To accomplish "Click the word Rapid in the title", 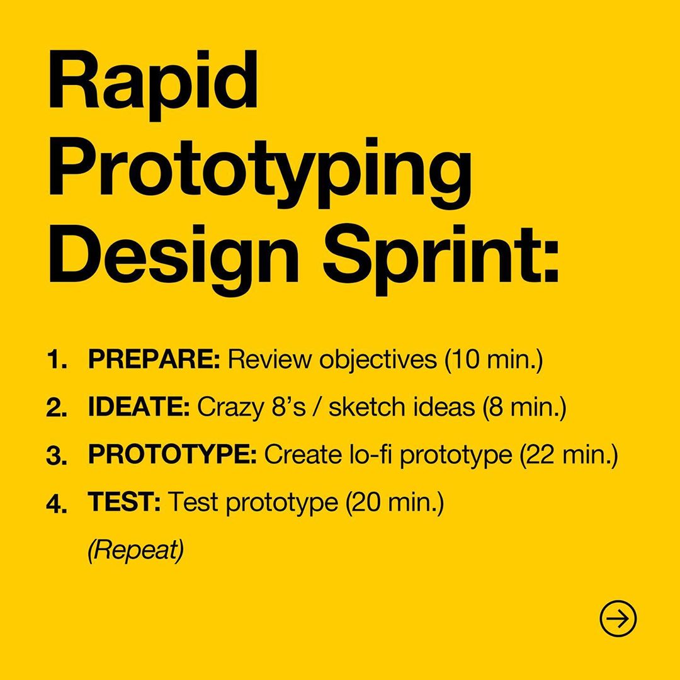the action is tap(153, 81).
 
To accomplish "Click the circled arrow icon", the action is tap(618, 618).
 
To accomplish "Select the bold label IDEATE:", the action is tap(139, 407).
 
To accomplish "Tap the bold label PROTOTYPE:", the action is tap(172, 455).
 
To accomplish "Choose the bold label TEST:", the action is tap(124, 502).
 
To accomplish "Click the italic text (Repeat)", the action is tap(136, 550).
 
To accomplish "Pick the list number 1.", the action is tap(57, 360).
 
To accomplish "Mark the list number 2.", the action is tap(57, 408).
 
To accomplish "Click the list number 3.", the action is tap(57, 456).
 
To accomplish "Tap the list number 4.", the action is tap(57, 504).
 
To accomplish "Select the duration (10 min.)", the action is tap(494, 360).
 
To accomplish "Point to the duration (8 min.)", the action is tap(524, 407).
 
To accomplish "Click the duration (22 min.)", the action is tap(569, 455).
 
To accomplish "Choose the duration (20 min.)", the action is tap(395, 502).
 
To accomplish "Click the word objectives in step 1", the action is tap(378, 361).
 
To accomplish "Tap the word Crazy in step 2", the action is tap(230, 408).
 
